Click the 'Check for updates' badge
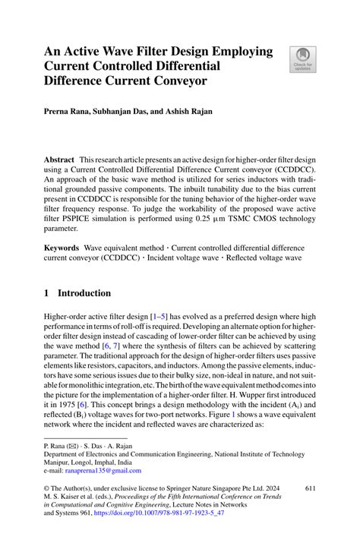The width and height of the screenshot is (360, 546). click(302, 58)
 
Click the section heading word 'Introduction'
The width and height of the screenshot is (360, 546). click(84, 293)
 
